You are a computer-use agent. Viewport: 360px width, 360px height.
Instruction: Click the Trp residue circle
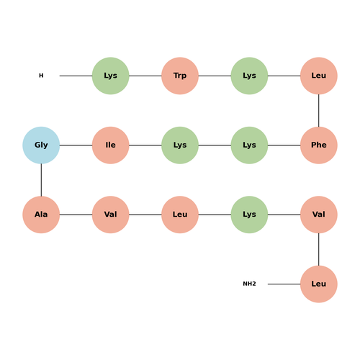180,76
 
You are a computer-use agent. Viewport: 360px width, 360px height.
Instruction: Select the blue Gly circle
41,145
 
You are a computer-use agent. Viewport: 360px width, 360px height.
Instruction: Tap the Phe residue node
319,145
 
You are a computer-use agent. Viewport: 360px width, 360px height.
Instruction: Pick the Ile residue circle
111,145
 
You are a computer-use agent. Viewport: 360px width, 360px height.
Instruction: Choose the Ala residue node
41,215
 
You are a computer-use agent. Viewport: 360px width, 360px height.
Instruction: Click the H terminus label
41,76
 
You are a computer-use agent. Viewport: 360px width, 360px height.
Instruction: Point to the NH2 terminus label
249,284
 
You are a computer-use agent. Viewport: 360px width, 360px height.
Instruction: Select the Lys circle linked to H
111,76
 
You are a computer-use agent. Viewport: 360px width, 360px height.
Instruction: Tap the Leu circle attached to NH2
319,284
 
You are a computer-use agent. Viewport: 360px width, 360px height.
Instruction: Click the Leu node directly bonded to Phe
319,76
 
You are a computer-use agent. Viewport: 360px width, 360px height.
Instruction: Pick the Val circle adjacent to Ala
111,215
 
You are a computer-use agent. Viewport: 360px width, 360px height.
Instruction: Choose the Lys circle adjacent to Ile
180,145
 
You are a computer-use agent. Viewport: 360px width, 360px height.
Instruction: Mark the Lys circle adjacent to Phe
249,145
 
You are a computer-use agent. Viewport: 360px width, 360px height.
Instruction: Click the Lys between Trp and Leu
249,76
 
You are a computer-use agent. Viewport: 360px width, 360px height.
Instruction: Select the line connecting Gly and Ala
41,180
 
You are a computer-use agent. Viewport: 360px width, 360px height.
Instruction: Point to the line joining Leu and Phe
319,111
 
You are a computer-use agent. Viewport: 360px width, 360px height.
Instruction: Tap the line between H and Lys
76,76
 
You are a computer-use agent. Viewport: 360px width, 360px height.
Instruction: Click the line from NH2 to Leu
284,284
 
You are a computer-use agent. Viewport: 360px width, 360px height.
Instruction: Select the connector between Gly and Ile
76,145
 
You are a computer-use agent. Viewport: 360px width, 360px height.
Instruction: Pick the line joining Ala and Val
76,215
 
